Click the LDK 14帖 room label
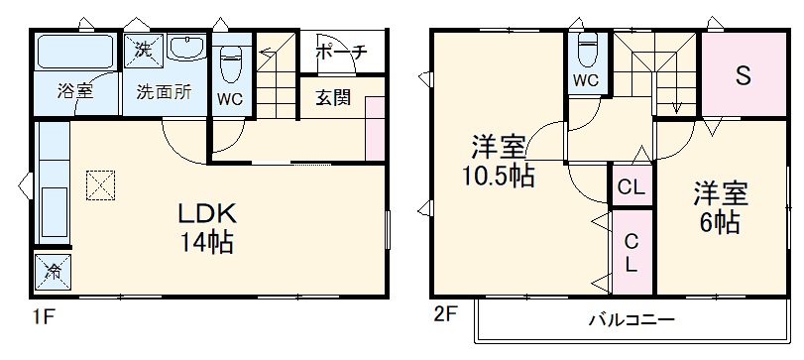click(206, 229)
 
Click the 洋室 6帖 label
click(719, 206)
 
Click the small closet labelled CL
click(630, 186)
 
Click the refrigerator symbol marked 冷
click(53, 271)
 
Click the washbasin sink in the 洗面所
click(184, 48)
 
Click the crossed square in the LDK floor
click(100, 185)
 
